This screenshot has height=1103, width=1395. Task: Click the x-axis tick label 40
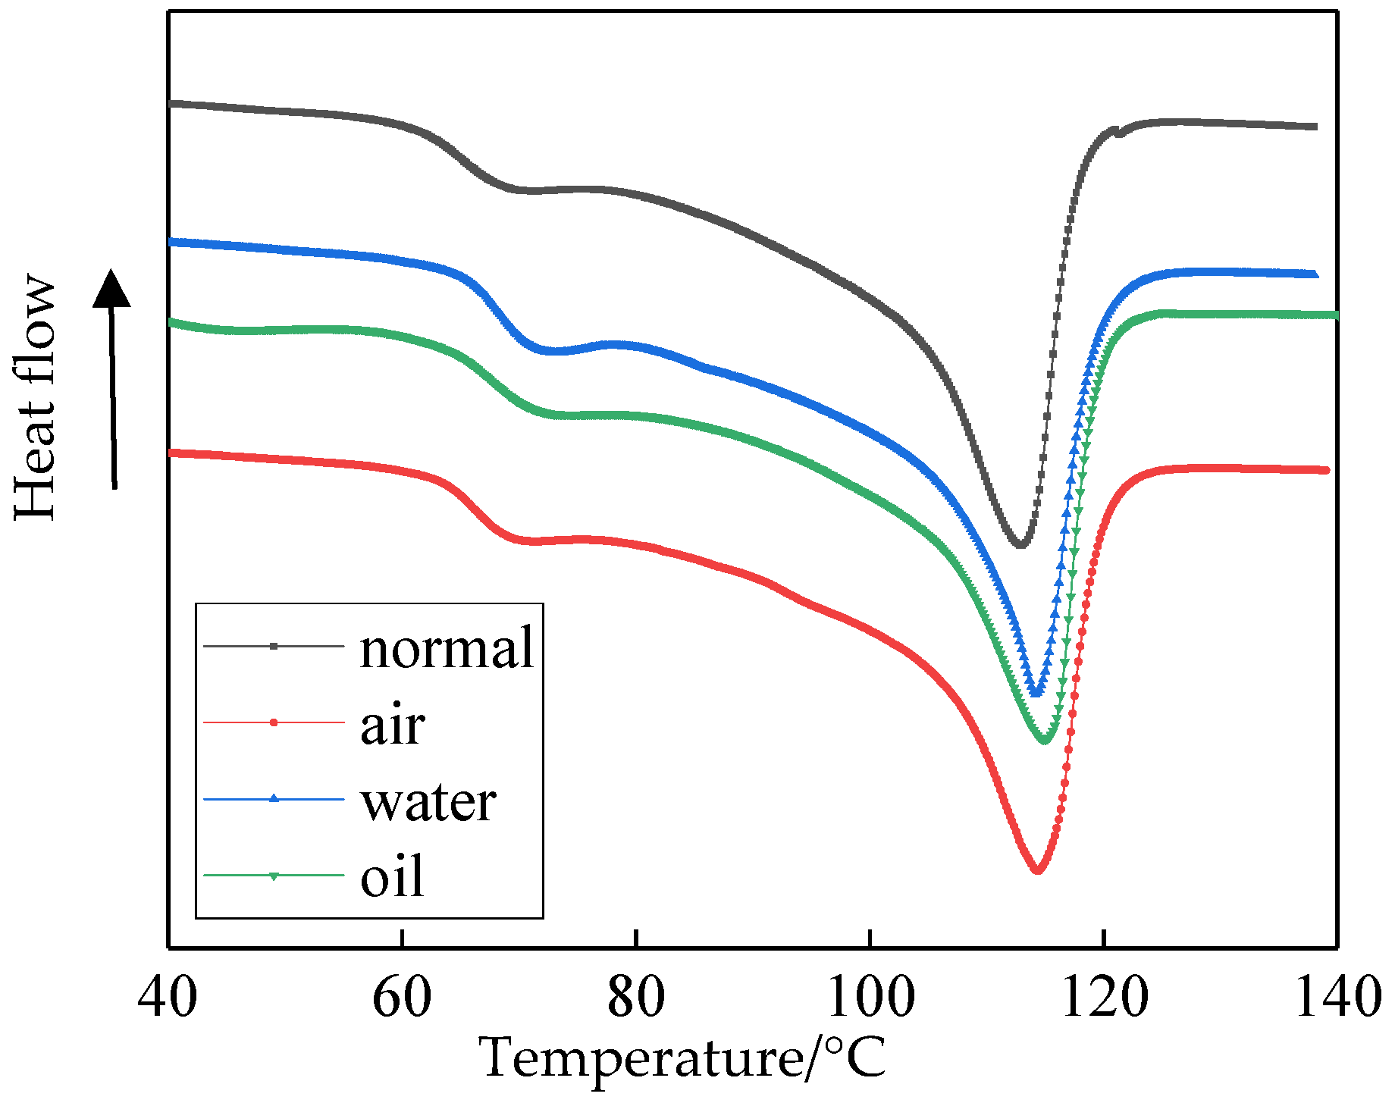[168, 998]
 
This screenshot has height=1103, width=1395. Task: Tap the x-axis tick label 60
[402, 998]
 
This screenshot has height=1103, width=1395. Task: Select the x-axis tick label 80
[636, 998]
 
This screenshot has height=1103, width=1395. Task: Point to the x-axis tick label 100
[870, 998]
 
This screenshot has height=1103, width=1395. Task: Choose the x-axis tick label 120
[1104, 998]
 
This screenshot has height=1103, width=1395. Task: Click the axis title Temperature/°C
[682, 1058]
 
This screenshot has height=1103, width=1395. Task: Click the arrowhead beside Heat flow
[111, 289]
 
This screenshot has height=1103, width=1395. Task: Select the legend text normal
[447, 648]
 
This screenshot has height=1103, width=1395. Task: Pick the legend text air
[392, 725]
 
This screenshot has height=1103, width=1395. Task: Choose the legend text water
[428, 801]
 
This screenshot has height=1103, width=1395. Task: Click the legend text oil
[392, 877]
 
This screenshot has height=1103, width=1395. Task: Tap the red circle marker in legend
[274, 722]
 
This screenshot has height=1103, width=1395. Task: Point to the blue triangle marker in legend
[274, 798]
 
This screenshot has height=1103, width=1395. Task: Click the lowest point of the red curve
[1037, 871]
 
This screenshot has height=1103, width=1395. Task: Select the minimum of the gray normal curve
[1020, 544]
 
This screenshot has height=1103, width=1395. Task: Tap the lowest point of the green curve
[1045, 740]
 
